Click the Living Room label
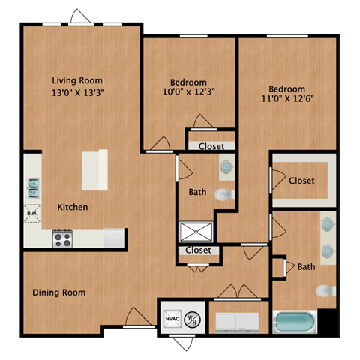point(77,80)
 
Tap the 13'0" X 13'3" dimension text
point(77,93)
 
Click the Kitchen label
point(73,207)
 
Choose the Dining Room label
point(58,292)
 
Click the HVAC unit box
point(172,319)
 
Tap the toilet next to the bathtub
point(324,290)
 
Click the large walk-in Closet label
point(301,181)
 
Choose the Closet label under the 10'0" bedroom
point(211,146)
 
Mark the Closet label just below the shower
point(198,250)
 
